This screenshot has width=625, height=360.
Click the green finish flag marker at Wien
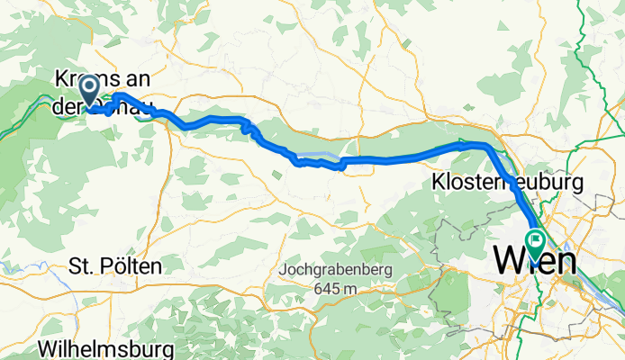(x=536, y=241)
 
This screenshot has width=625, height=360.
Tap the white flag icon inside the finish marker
(x=536, y=239)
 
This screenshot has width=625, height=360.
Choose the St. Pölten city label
(x=115, y=266)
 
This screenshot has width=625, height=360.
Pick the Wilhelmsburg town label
(x=95, y=347)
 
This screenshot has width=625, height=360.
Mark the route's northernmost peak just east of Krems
(x=118, y=94)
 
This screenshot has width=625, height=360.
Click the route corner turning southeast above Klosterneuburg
(x=487, y=146)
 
